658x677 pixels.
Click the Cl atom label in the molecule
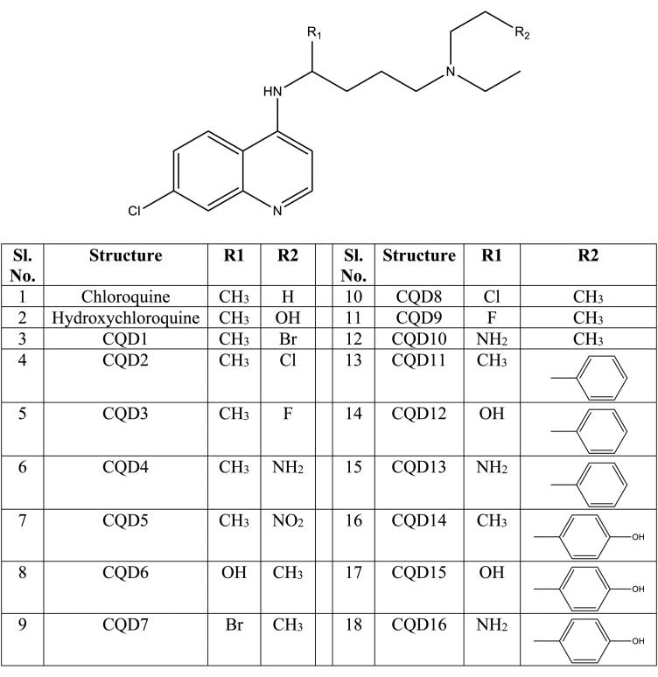pyautogui.click(x=134, y=210)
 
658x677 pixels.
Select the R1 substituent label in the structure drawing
pyautogui.click(x=316, y=32)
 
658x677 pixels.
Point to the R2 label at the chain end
pyautogui.click(x=521, y=33)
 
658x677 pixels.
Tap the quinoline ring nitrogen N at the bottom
pyautogui.click(x=277, y=210)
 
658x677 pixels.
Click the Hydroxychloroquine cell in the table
pyautogui.click(x=125, y=316)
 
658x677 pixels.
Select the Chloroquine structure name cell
pyautogui.click(x=125, y=296)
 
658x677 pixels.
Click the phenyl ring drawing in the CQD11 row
pyautogui.click(x=590, y=378)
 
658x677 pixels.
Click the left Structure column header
pyautogui.click(x=125, y=255)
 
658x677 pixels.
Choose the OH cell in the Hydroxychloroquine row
pyautogui.click(x=286, y=316)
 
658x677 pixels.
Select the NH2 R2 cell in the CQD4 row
pyautogui.click(x=286, y=468)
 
